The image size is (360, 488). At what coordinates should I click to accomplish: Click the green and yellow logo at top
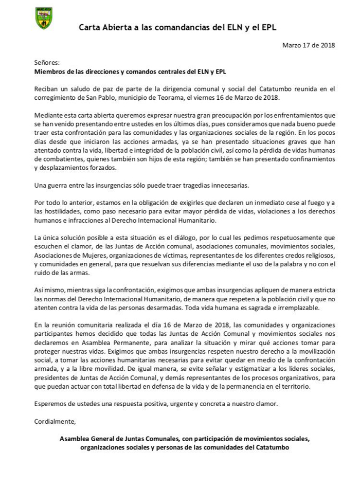pyautogui.click(x=44, y=18)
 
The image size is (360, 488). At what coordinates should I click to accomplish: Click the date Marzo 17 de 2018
pyautogui.click(x=309, y=45)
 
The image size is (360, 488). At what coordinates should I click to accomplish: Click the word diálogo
pyautogui.click(x=182, y=238)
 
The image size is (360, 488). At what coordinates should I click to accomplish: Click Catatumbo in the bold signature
pyautogui.click(x=271, y=447)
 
